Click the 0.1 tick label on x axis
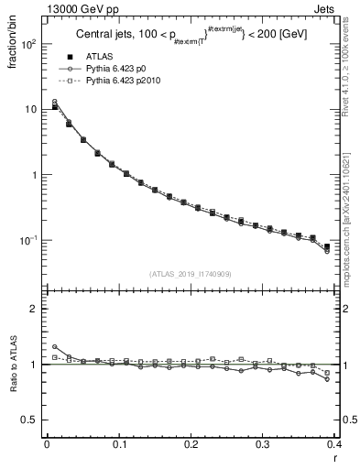click(118, 444)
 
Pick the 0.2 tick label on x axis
click(191, 444)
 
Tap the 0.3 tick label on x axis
click(263, 444)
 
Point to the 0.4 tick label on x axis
click(333, 444)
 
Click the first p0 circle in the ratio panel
click(55, 346)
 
